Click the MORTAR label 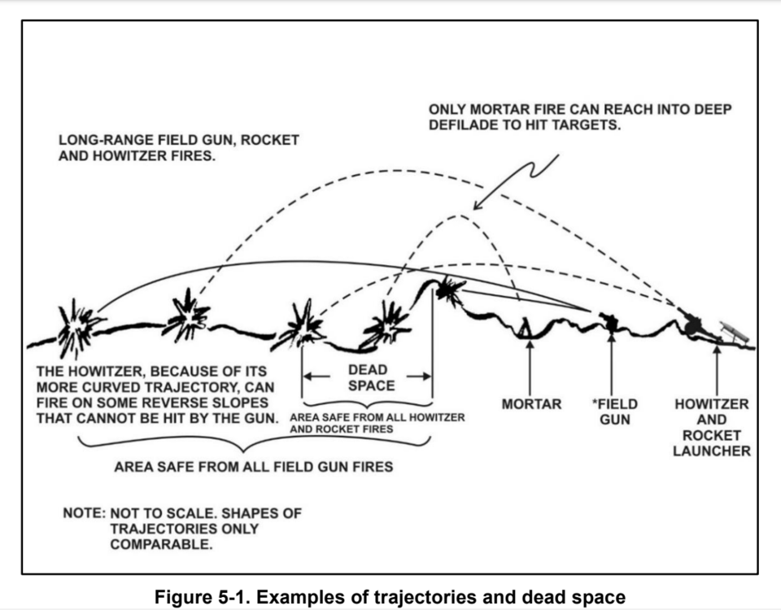point(531,403)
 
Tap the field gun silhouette point(610,321)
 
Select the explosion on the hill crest point(447,290)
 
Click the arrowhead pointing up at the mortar point(530,346)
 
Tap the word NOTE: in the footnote point(83,514)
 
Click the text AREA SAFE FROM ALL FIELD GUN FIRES point(254,467)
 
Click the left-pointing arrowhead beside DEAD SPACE point(308,377)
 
